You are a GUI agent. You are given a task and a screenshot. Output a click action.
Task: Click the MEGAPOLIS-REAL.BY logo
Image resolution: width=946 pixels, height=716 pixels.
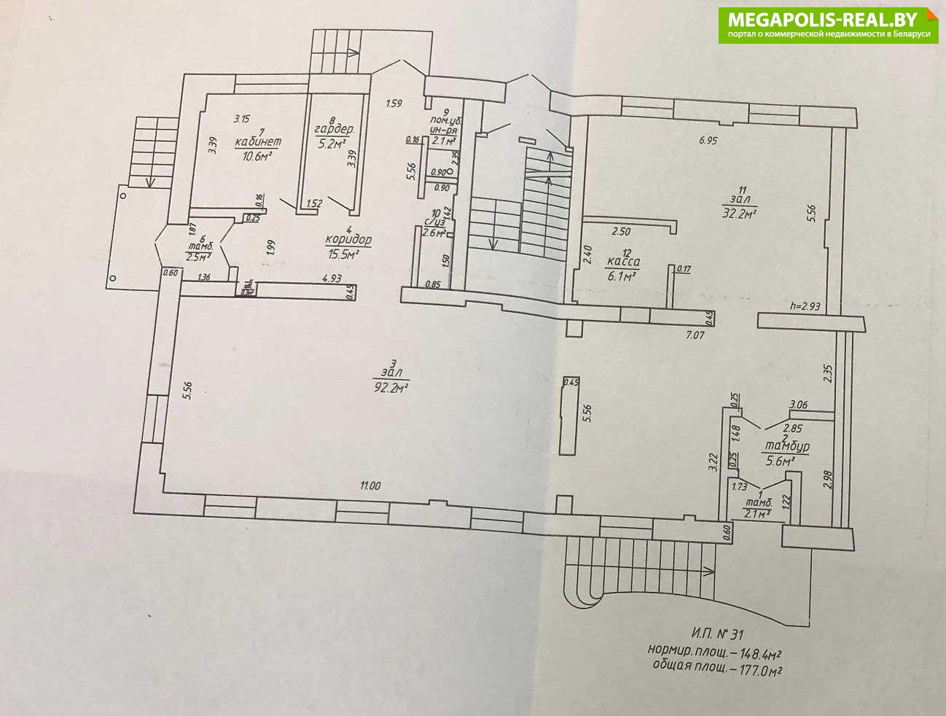829,25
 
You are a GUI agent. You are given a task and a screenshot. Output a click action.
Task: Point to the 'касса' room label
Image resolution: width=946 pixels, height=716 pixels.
623,261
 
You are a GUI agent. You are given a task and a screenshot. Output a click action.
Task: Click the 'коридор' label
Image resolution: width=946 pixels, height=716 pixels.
348,240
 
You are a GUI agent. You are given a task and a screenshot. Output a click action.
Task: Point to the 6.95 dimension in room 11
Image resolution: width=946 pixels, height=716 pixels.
708,141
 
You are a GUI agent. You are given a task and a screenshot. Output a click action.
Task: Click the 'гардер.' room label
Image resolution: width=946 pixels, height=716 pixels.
335,130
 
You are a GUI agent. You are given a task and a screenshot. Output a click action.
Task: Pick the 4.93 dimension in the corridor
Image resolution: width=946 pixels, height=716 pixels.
332,278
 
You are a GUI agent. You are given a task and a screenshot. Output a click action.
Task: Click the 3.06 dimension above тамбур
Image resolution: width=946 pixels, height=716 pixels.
800,405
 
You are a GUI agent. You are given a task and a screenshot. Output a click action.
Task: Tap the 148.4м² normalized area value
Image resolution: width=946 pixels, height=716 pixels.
755,651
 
